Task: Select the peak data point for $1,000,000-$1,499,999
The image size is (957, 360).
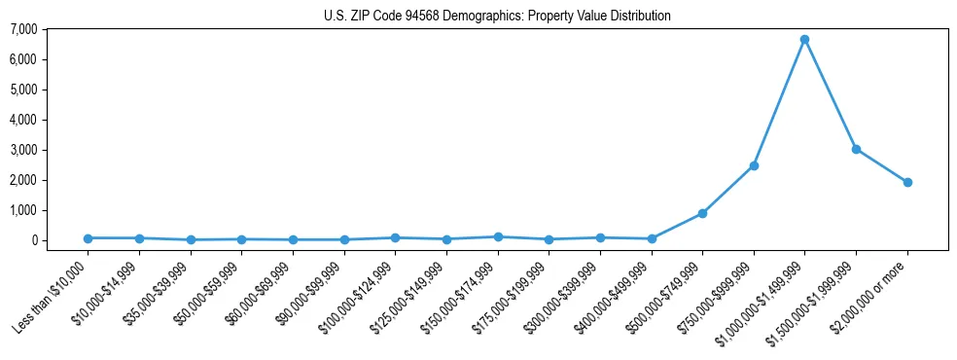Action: tap(804, 40)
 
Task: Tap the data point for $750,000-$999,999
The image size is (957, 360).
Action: tap(754, 165)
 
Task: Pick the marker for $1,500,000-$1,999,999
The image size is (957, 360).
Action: tap(856, 149)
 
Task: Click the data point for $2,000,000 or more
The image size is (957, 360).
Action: tap(907, 182)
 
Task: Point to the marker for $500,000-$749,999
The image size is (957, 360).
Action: tap(702, 213)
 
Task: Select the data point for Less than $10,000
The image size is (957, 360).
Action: tap(88, 238)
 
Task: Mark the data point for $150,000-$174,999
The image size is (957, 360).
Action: tap(498, 236)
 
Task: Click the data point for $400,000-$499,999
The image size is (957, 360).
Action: tap(652, 238)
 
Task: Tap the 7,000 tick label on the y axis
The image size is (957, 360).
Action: tap(24, 29)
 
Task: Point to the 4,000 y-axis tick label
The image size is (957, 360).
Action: tap(24, 120)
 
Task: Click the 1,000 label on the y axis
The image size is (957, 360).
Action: tap(24, 210)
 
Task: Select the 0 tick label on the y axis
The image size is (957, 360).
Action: tap(33, 240)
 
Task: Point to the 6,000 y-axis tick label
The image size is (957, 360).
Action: tap(24, 59)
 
